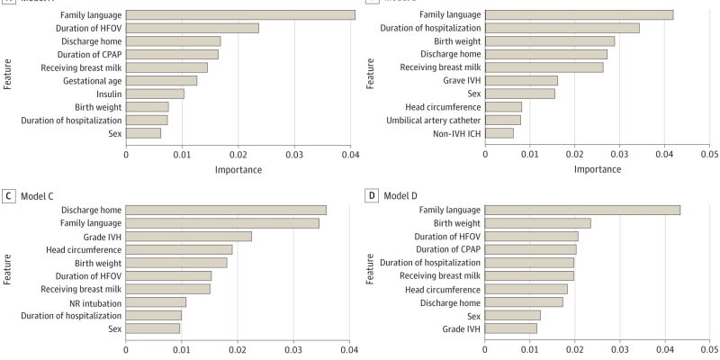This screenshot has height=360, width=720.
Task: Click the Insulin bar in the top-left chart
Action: [155, 94]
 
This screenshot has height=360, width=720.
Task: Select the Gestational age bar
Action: [161, 80]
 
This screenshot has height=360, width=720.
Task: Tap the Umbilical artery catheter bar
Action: [503, 120]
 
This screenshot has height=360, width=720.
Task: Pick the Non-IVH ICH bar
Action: [499, 133]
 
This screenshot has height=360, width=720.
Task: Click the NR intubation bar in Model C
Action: [156, 301]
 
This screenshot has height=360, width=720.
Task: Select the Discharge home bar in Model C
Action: [226, 210]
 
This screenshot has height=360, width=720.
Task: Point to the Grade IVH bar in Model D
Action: [511, 328]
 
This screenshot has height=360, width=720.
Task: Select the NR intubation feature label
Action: [95, 301]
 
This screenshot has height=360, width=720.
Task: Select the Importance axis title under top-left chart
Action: [238, 168]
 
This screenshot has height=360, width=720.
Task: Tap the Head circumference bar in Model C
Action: [179, 249]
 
